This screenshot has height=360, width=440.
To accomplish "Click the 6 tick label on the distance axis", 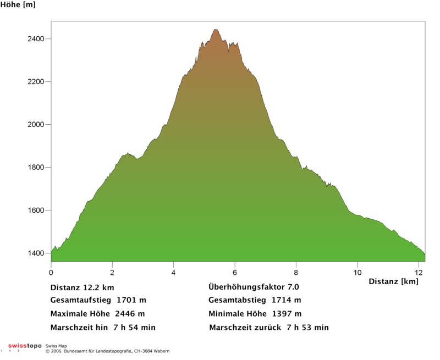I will tap(235, 272).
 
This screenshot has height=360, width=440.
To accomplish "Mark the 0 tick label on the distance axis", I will tap(51, 272).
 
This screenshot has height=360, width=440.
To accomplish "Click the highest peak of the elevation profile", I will tap(216, 30).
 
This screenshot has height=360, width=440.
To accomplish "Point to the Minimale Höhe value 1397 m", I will tap(287, 314).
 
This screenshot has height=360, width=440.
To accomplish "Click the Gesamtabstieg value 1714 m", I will tap(287, 301).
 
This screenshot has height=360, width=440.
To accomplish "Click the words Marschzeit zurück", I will tap(246, 328).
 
